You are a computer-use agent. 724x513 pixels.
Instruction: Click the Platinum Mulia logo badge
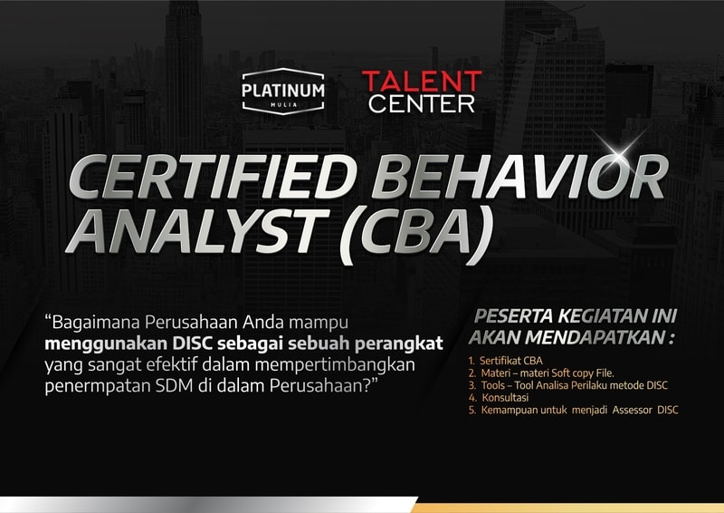click(x=283, y=92)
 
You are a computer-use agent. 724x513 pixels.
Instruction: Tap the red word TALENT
click(x=422, y=82)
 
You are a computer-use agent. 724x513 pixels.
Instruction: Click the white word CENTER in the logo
click(x=422, y=103)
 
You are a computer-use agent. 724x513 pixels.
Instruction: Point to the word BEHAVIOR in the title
click(x=519, y=178)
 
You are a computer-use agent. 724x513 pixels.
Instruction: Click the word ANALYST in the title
click(x=197, y=231)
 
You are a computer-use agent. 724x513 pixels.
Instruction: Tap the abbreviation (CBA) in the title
click(x=415, y=236)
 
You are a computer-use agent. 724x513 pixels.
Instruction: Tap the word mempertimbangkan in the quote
click(x=335, y=365)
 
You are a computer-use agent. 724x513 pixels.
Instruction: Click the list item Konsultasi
click(x=499, y=397)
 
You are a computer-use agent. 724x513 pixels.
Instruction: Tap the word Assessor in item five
click(x=632, y=410)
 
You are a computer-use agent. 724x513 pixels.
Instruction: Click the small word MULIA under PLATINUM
click(x=283, y=105)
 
